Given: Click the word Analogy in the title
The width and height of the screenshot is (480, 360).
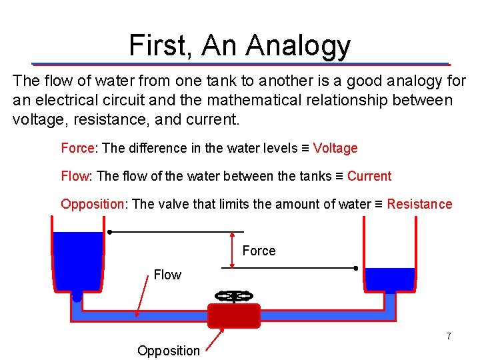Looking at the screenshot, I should click(x=297, y=45).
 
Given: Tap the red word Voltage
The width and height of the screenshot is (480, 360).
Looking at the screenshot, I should click(x=335, y=148).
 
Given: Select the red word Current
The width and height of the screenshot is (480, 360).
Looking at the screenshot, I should click(x=369, y=176).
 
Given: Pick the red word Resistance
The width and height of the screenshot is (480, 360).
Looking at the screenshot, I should click(x=419, y=204).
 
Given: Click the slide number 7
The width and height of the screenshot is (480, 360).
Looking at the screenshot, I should click(x=449, y=336).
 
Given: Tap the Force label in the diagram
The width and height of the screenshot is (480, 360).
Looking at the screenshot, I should click(x=259, y=251).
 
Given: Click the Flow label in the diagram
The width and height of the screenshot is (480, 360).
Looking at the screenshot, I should click(x=167, y=275).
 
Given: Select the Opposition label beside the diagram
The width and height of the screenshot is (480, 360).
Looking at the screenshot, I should click(x=168, y=351).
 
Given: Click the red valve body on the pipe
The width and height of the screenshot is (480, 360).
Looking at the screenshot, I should click(x=233, y=315).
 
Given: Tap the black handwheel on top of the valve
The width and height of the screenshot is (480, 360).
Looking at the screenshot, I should click(x=234, y=295).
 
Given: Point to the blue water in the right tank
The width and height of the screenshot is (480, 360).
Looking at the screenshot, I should click(x=391, y=279).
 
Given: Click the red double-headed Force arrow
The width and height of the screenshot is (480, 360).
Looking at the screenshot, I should click(x=231, y=250).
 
